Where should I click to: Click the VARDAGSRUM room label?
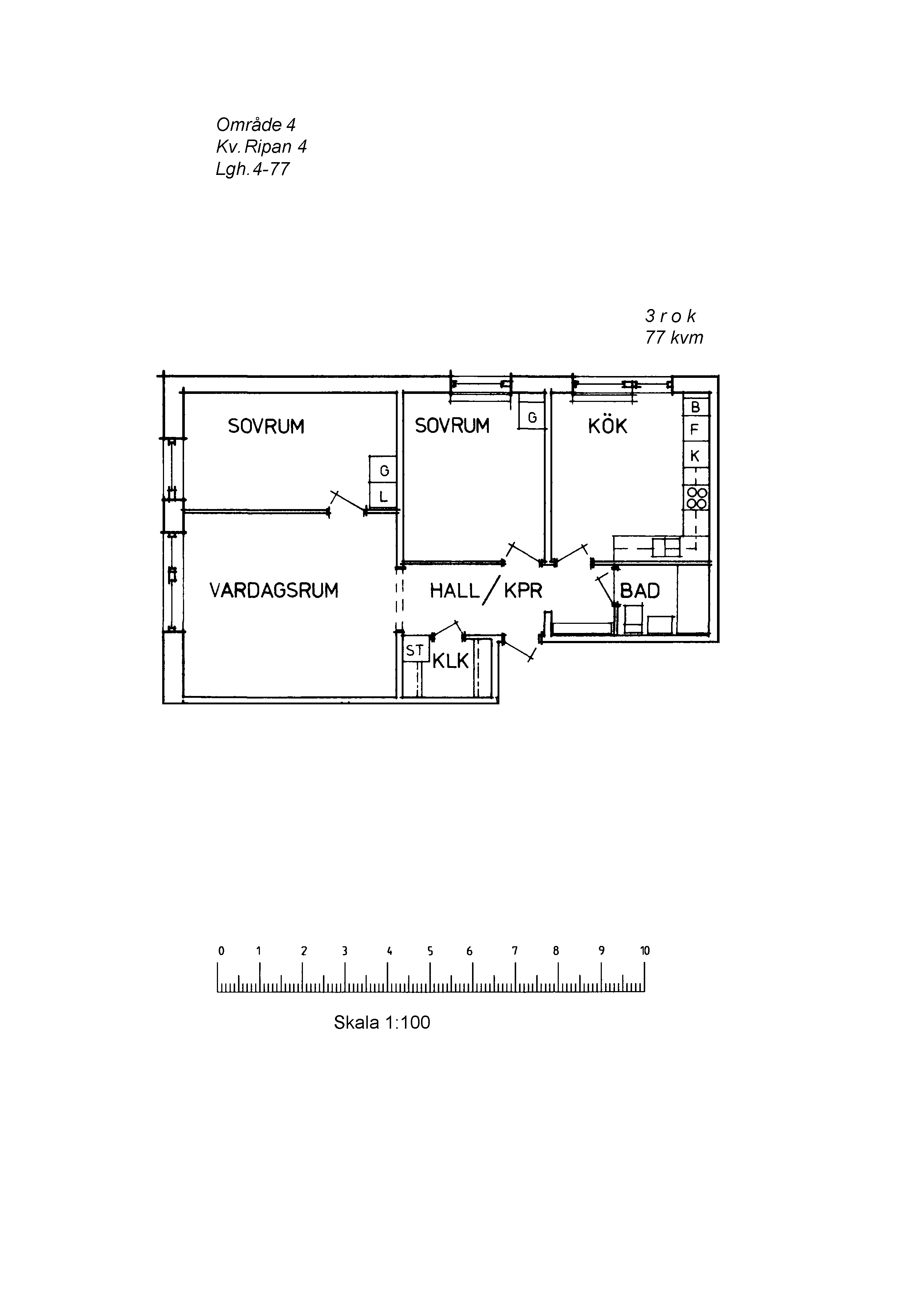[x=274, y=590]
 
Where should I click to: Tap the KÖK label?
[x=608, y=426]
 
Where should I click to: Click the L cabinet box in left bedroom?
[x=383, y=497]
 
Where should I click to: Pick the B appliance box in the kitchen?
[x=695, y=407]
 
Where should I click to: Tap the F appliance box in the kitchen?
[x=695, y=430]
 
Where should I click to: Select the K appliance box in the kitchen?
[x=695, y=456]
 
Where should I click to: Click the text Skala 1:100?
[x=382, y=1022]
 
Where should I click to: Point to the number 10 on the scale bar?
[x=645, y=951]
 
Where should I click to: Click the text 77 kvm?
[x=674, y=337]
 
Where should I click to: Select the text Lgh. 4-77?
[x=253, y=169]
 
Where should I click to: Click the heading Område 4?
[x=256, y=124]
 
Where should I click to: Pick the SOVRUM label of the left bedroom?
[x=266, y=426]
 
